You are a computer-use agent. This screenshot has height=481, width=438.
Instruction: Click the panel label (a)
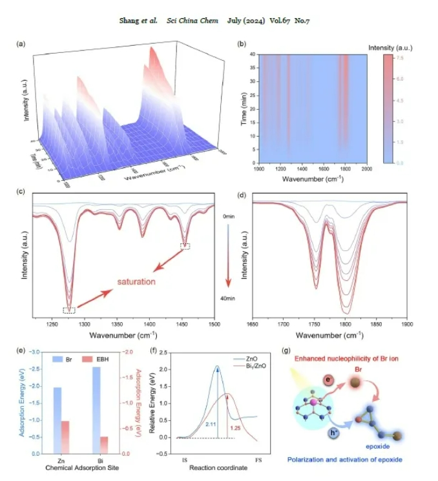click(21, 44)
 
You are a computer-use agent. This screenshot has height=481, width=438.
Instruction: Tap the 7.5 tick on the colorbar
click(401, 58)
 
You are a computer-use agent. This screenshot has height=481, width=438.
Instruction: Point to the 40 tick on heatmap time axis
click(252, 55)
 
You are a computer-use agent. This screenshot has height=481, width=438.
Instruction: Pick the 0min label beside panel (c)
click(227, 217)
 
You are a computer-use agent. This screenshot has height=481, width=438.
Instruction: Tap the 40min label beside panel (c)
click(227, 298)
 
